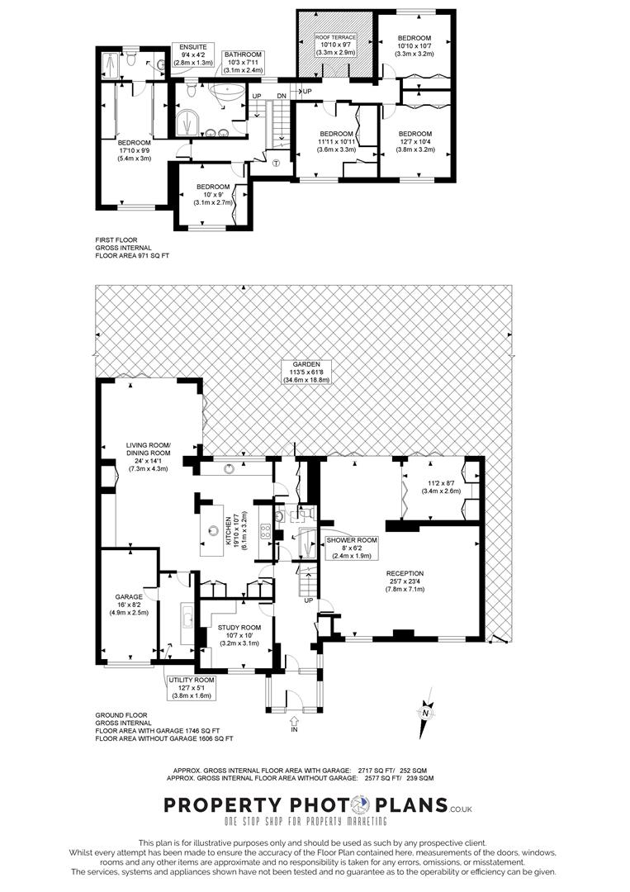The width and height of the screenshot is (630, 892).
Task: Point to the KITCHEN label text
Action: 229,529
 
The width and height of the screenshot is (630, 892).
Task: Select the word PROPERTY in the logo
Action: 214,805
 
